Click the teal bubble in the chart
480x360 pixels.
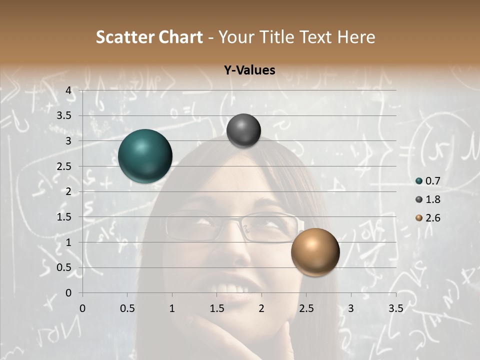145,156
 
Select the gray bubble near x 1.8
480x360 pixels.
243,130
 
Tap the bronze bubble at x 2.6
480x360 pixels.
315,251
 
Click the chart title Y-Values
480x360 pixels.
249,70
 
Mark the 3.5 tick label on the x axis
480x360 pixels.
395,308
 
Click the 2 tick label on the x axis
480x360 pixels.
261,308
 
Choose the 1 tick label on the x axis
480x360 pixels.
172,308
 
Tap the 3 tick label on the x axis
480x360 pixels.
351,308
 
